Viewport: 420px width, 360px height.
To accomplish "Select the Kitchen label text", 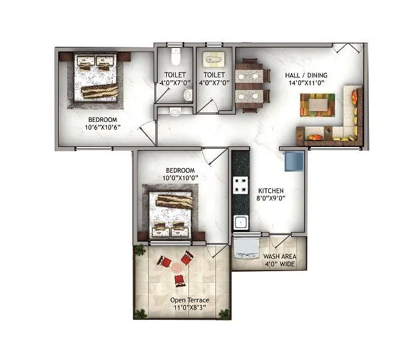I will pyautogui.click(x=266, y=190).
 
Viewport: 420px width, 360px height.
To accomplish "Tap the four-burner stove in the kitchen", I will pyautogui.click(x=241, y=185).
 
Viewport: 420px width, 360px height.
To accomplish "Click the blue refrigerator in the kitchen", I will pyautogui.click(x=295, y=162).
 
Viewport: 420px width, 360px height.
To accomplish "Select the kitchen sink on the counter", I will pyautogui.click(x=241, y=223).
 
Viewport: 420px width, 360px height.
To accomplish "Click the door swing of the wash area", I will pyautogui.click(x=277, y=243).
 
